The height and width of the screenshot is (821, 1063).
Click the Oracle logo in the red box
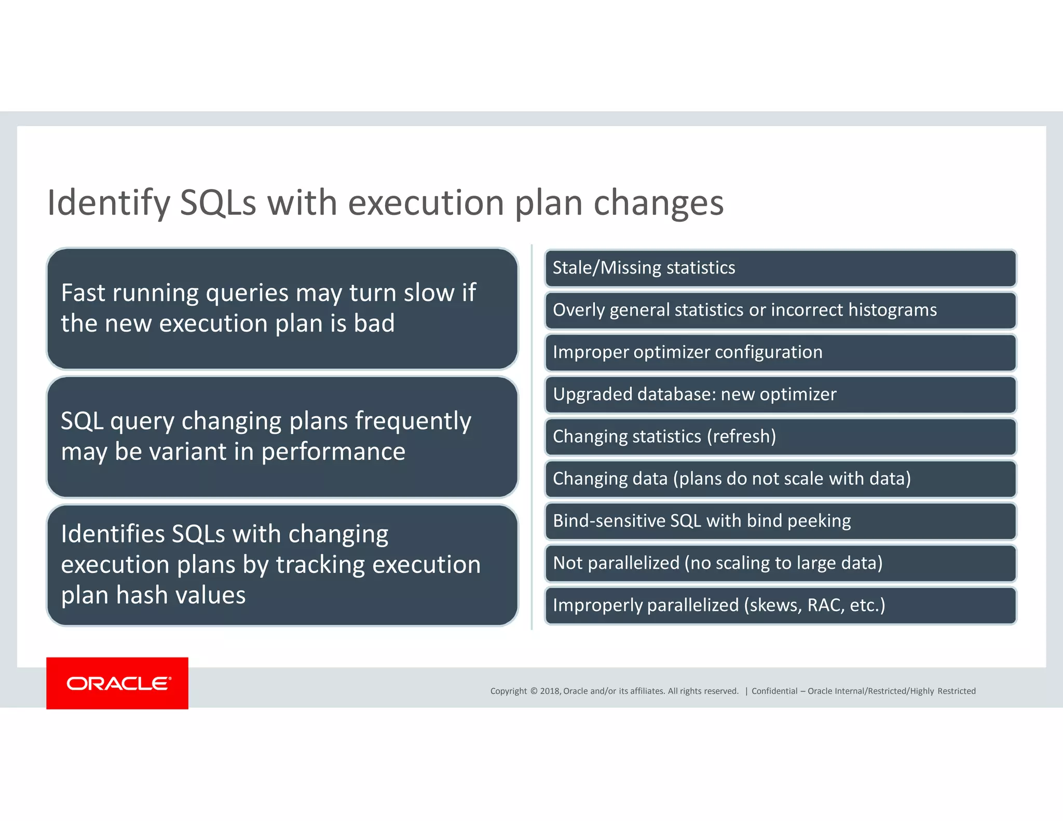(x=118, y=683)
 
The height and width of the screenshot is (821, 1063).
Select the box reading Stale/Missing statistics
(x=780, y=268)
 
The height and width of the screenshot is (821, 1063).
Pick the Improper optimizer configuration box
(x=780, y=352)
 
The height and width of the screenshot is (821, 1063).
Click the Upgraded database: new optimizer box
(x=780, y=394)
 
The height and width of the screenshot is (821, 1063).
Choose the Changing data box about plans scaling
(x=780, y=478)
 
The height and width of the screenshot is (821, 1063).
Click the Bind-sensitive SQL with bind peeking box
(x=780, y=521)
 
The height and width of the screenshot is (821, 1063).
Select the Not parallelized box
(x=780, y=563)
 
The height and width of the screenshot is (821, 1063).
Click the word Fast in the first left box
(x=83, y=293)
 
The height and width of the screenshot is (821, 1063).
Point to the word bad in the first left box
(x=374, y=323)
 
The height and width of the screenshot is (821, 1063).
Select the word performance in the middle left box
(x=333, y=451)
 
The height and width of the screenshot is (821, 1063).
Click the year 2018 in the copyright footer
(x=550, y=691)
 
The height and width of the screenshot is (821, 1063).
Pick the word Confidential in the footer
(x=774, y=691)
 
